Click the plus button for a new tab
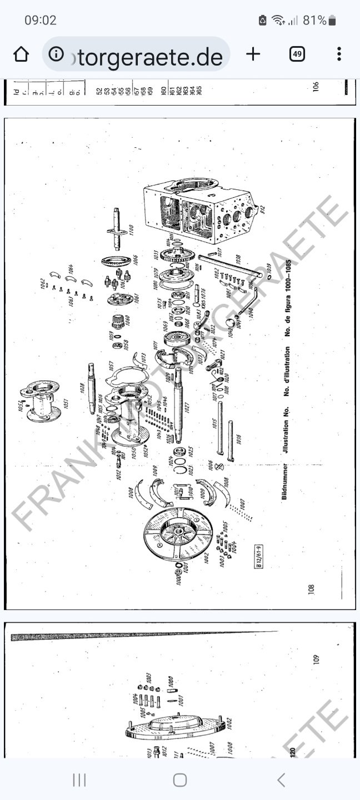(x=253, y=54)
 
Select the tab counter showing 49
(x=297, y=54)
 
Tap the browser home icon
(x=21, y=54)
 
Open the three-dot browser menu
(x=339, y=54)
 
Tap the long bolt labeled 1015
(x=221, y=428)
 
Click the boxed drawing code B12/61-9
(x=259, y=556)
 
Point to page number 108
(x=311, y=588)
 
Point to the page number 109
(x=316, y=659)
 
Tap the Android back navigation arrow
(x=281, y=780)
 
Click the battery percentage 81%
(x=314, y=21)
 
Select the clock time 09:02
(x=41, y=21)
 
